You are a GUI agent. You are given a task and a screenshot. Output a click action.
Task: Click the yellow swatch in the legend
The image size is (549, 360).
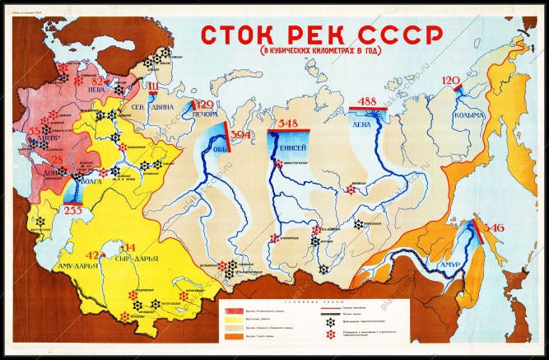pyautogui.click(x=232, y=324)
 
